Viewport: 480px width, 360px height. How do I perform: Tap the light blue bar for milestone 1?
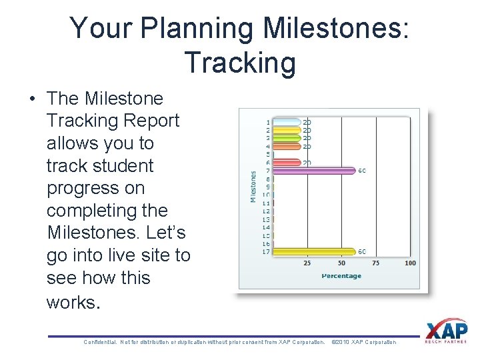[x=287, y=122]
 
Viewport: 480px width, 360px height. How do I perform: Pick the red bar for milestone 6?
[x=287, y=163]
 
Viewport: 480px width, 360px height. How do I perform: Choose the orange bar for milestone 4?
[x=287, y=146]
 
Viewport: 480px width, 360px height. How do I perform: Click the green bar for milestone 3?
[x=287, y=138]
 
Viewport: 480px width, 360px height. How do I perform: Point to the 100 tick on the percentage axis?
[x=409, y=263]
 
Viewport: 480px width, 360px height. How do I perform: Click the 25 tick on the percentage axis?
[x=307, y=263]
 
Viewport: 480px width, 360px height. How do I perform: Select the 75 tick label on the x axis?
[x=375, y=263]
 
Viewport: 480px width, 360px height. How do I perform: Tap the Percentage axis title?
[x=341, y=275]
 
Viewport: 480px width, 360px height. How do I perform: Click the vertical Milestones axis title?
[x=253, y=187]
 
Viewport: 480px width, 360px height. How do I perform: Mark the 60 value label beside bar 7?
[x=362, y=171]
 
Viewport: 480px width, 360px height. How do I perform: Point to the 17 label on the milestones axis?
[x=267, y=251]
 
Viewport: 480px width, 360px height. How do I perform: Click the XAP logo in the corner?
[x=446, y=331]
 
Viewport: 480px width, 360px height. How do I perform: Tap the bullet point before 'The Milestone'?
[x=32, y=99]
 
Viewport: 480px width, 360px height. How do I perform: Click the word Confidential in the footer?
[x=99, y=342]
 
